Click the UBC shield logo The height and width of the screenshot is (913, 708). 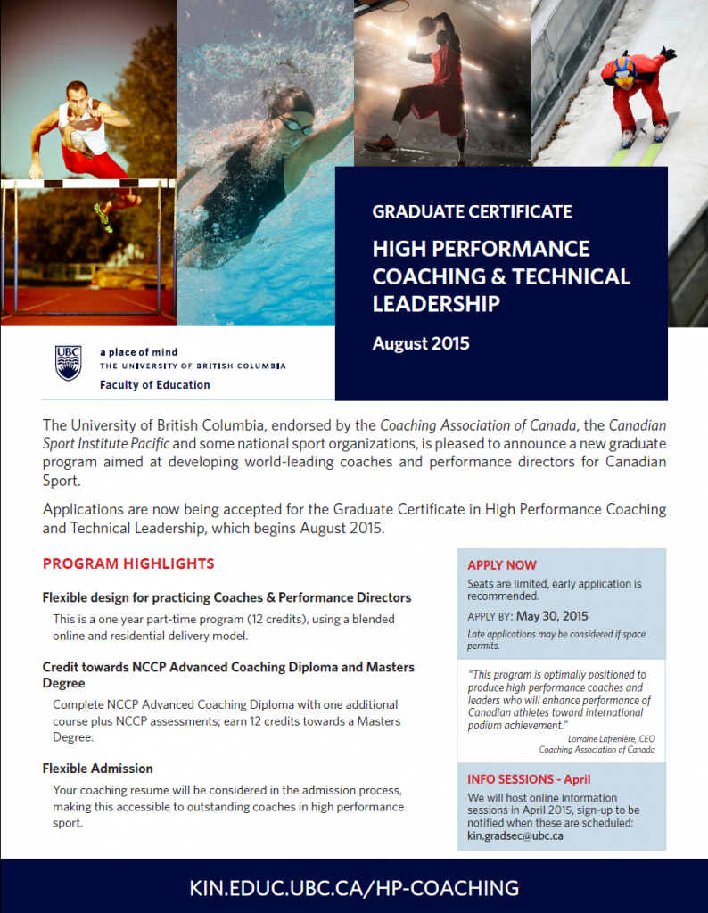tap(69, 362)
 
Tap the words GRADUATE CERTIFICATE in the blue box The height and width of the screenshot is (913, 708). tap(472, 212)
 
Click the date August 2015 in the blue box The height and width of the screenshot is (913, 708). tap(421, 343)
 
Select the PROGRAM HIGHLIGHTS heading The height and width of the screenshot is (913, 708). tap(128, 563)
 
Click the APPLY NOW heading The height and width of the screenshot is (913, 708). tap(502, 565)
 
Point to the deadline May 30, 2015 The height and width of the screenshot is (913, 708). tap(552, 616)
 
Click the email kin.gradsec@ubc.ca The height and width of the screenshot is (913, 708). tap(515, 835)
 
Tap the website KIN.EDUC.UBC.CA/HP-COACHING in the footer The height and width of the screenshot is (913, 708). tap(354, 887)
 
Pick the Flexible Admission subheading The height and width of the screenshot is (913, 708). tap(98, 768)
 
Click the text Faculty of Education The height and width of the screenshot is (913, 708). tap(155, 385)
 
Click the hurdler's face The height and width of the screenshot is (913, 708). tap(78, 95)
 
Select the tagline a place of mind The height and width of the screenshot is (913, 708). tap(138, 352)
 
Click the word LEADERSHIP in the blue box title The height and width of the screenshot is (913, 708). tap(436, 304)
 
